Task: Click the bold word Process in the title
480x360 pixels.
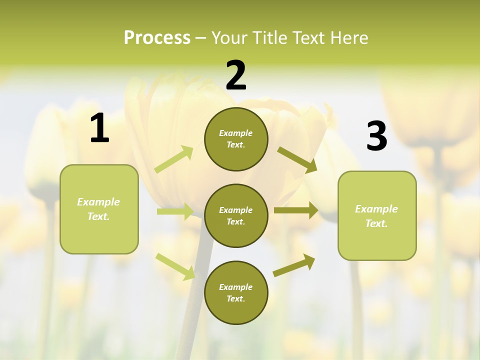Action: [x=157, y=37]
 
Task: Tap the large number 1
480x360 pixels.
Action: [x=99, y=128]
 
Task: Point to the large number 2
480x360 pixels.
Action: [x=236, y=75]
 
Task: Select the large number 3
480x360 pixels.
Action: [x=377, y=136]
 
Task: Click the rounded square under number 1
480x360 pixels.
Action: [x=99, y=209]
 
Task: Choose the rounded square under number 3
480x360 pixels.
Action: [x=377, y=215]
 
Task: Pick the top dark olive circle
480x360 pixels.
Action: [x=236, y=139]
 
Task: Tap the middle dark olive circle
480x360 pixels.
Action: [x=236, y=215]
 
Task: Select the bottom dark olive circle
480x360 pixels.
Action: [x=236, y=292]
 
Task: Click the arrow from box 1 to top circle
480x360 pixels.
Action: [x=174, y=159]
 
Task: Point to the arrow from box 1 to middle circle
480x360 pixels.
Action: [x=175, y=211]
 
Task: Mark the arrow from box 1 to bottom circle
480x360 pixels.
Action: [x=175, y=266]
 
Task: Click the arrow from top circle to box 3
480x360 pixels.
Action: [x=297, y=159]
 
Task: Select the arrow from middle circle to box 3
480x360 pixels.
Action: [x=296, y=210]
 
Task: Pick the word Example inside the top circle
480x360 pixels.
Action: [x=236, y=133]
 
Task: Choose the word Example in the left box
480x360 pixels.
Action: [x=98, y=202]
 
